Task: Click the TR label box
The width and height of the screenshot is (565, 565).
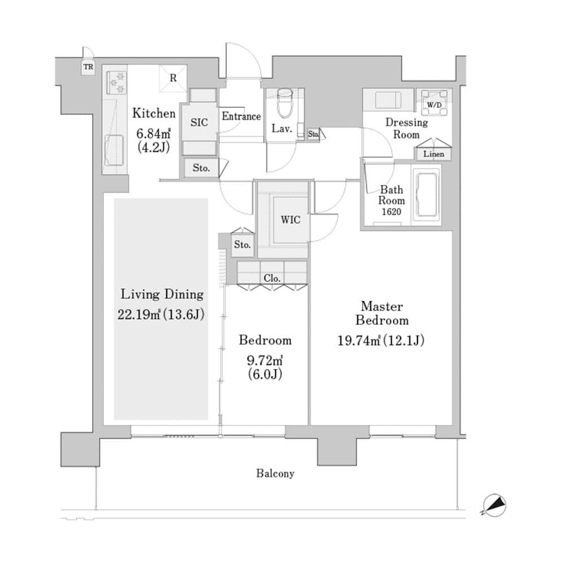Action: tap(88, 68)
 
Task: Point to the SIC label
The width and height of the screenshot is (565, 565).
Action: tap(199, 123)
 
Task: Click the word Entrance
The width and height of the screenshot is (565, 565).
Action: tap(241, 116)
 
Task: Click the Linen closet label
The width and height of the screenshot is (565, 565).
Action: tap(434, 154)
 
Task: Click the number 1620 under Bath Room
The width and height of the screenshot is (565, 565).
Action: tap(392, 211)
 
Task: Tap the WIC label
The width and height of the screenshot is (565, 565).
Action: tap(291, 220)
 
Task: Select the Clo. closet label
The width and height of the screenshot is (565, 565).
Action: tap(272, 279)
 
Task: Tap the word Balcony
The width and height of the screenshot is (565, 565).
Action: tap(275, 473)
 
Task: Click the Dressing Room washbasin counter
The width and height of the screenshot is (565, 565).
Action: tap(388, 101)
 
